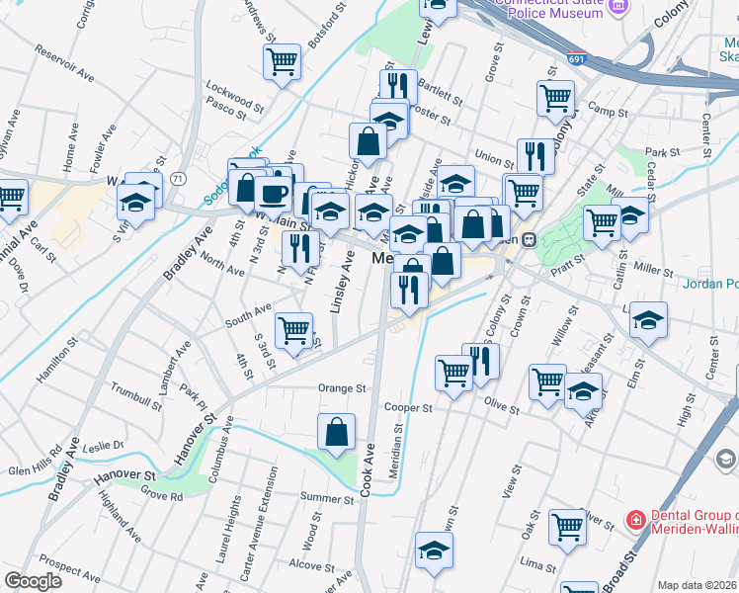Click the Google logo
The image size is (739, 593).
[x=34, y=581]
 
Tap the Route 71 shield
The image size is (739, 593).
[x=178, y=178]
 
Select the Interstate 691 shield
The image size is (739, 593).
[x=577, y=60]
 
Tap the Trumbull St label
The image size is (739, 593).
[x=137, y=396]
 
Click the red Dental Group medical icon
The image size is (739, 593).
[x=635, y=519]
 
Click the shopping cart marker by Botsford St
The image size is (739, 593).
[x=283, y=62]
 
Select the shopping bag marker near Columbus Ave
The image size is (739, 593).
[x=336, y=431]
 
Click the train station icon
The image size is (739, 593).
[x=529, y=239]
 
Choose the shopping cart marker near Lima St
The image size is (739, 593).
[x=567, y=527]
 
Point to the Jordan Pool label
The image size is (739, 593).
[x=709, y=284]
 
